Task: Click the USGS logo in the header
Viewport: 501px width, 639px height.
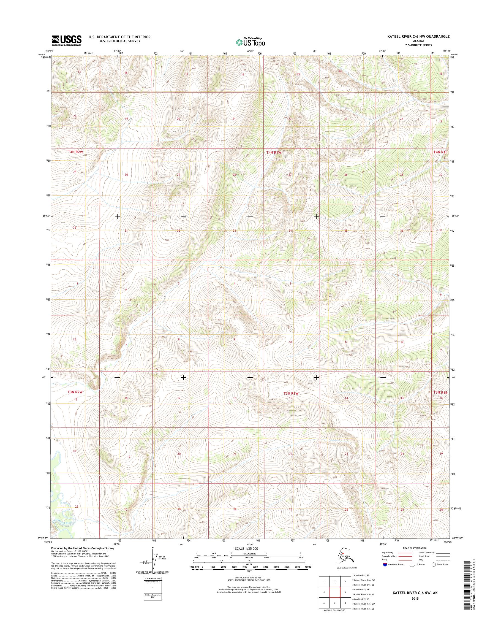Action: (67, 41)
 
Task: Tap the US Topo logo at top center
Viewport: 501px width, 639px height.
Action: (251, 42)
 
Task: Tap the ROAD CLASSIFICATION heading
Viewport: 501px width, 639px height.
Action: (415, 548)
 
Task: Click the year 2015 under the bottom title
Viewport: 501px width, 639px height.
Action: (415, 598)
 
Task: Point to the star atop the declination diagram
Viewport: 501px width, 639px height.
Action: (153, 548)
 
